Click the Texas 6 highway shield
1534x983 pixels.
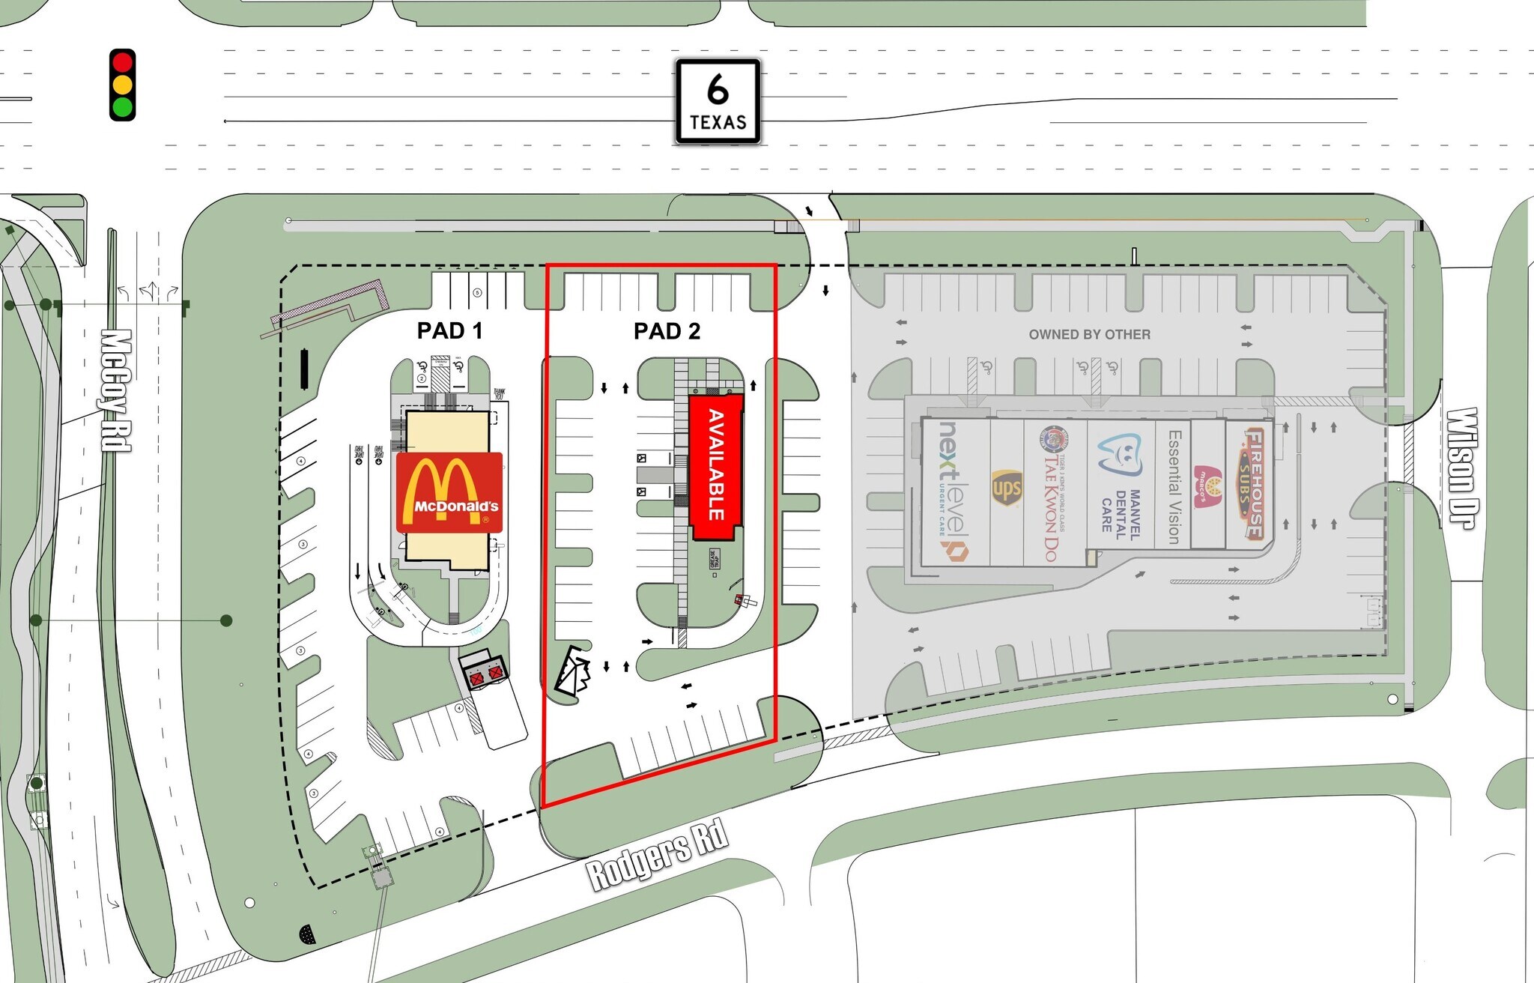tap(718, 101)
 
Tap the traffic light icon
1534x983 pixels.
tap(122, 85)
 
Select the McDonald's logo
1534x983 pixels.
tap(449, 492)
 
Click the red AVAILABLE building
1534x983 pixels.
tap(715, 466)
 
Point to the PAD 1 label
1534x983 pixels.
tap(449, 330)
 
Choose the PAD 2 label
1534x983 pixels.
tap(667, 331)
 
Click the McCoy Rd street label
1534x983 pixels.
tap(117, 390)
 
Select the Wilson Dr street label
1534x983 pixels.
tap(1461, 468)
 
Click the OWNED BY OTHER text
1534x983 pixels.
tap(1089, 334)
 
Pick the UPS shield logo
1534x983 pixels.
tap(1007, 489)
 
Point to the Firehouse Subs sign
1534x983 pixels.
tap(1254, 483)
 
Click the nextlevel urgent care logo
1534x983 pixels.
tap(952, 491)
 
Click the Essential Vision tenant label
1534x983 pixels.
tap(1174, 487)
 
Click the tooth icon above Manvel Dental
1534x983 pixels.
tap(1120, 454)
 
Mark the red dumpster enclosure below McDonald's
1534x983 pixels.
tap(485, 674)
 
